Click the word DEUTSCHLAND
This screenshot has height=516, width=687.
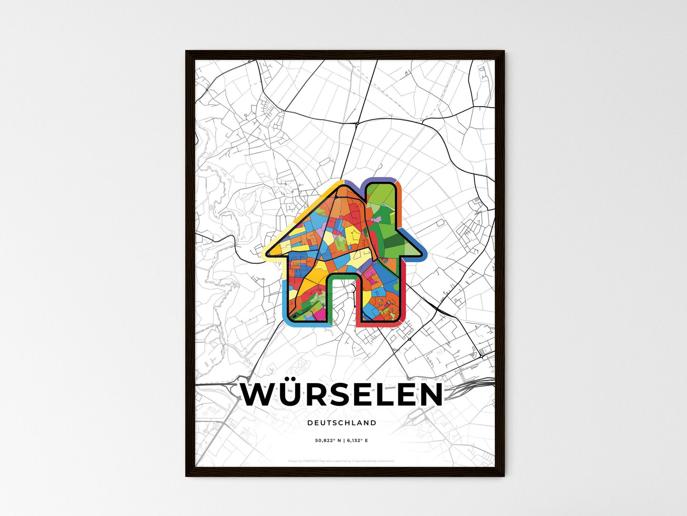[x=341, y=423]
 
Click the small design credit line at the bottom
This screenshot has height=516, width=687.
[x=341, y=461]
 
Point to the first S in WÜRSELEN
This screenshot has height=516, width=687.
[x=346, y=395]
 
